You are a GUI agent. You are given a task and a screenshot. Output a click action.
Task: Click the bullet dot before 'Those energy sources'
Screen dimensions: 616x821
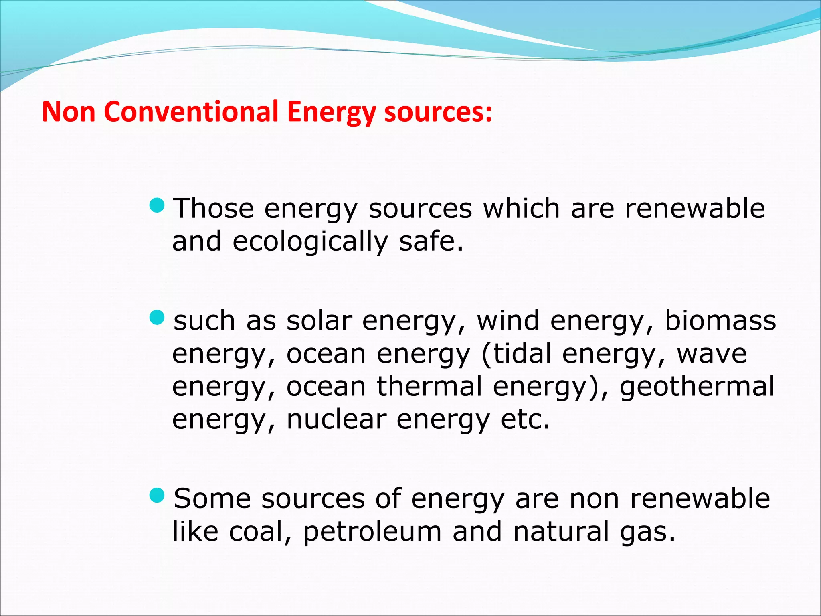pos(157,206)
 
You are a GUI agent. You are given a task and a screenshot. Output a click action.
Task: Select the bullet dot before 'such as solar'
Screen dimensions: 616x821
pos(157,318)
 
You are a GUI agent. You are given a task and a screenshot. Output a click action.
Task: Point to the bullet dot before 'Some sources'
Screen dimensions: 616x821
pos(157,496)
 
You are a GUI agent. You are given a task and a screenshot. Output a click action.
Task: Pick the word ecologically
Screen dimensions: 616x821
pos(310,241)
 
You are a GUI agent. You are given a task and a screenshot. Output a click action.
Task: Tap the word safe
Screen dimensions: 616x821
pos(431,241)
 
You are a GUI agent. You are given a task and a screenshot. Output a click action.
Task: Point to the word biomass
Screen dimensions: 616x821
pos(720,321)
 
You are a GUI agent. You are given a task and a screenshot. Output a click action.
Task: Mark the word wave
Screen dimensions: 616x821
pos(712,354)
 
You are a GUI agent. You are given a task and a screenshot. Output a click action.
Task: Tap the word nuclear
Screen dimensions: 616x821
pos(336,419)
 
